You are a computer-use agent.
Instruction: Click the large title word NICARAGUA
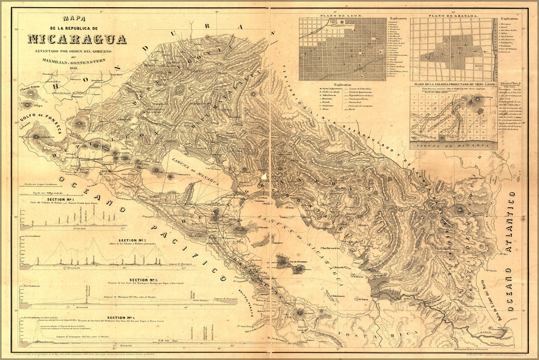tap(77, 39)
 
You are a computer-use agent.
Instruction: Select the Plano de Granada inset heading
tap(455, 16)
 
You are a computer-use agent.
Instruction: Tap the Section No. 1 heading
tap(60, 199)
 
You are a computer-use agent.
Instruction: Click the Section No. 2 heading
tap(133, 240)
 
